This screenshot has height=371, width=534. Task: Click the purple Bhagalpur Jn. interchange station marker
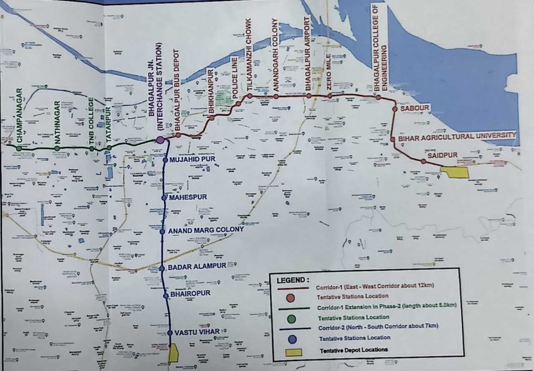click(x=160, y=140)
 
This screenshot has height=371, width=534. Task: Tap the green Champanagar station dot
click(x=19, y=148)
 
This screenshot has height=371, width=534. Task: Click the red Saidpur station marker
click(x=423, y=161)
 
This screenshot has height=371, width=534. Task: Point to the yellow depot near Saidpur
click(x=455, y=172)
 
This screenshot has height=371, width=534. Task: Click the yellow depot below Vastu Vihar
click(x=174, y=353)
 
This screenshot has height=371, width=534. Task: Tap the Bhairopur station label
click(x=190, y=293)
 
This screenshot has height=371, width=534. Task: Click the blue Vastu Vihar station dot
click(x=170, y=333)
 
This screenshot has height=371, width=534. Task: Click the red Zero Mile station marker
click(x=330, y=96)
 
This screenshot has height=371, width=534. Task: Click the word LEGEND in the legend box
click(x=293, y=280)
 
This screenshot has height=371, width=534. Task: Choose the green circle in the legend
click(x=292, y=318)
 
